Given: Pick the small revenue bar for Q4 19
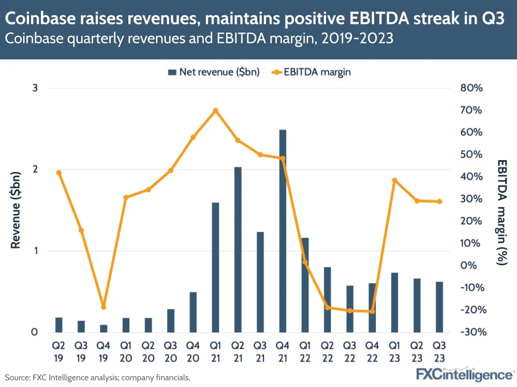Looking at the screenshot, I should click(x=104, y=329).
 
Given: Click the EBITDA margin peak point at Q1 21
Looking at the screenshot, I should click(x=216, y=111).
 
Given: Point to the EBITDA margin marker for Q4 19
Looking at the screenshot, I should click(x=104, y=307).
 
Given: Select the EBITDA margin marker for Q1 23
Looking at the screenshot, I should click(x=394, y=180).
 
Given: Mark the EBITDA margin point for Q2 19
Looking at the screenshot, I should click(x=59, y=173).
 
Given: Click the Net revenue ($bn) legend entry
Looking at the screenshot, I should click(x=214, y=72).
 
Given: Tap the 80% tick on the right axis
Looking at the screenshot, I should click(x=471, y=88).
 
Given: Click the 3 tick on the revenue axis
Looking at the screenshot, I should click(x=35, y=88).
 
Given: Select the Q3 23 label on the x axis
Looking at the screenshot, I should click(x=439, y=351).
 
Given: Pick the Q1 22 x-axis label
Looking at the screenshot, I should click(x=305, y=351).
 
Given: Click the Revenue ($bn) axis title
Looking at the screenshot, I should click(x=16, y=210).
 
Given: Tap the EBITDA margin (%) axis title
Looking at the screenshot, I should click(x=501, y=212).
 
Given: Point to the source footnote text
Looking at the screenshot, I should click(x=97, y=378).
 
